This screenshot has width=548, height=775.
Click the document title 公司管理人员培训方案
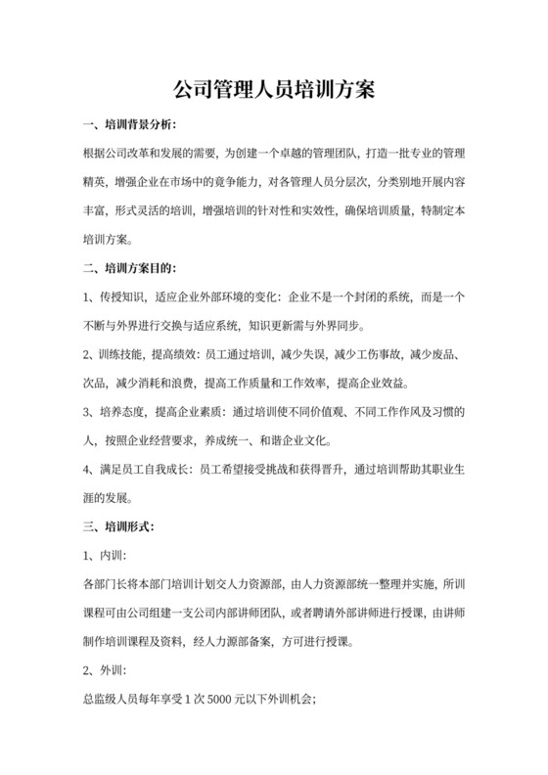pos(274,89)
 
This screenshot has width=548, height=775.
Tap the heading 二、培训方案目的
pos(127,266)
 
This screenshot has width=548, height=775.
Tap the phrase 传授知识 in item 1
pos(122,296)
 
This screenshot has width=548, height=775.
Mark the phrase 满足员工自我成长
pos(146,470)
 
